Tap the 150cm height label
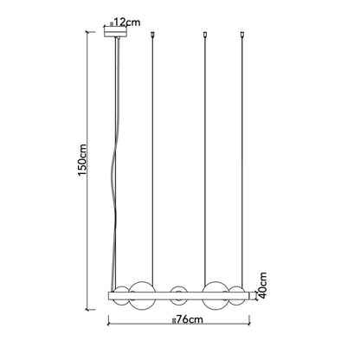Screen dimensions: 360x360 [82, 159]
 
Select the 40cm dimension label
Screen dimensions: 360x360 [262, 285]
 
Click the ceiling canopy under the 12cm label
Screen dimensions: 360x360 [115, 31]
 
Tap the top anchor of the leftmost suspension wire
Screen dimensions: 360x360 [152, 35]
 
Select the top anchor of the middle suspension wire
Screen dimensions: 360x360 [205, 35]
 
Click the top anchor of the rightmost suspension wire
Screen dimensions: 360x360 [242, 35]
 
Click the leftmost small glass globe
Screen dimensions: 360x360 [121, 296]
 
